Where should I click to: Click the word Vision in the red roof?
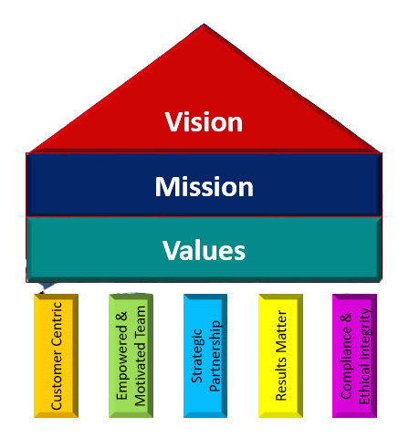[x=204, y=122]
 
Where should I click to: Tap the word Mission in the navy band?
[x=204, y=186]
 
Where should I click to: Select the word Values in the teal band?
[x=204, y=250]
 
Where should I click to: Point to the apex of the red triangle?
[x=204, y=24]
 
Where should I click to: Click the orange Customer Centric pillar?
[x=56, y=356]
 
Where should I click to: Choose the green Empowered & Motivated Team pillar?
[x=131, y=356]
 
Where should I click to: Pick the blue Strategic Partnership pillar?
[x=205, y=356]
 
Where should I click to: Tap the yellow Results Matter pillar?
[x=280, y=356]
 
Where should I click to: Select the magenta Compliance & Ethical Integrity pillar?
[x=355, y=356]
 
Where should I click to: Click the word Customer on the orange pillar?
[x=57, y=380]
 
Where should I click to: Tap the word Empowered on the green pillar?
[x=122, y=362]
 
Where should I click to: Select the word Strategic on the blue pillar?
[x=197, y=356]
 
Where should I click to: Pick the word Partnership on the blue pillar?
[x=215, y=356]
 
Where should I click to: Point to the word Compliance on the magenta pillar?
[x=347, y=362]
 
